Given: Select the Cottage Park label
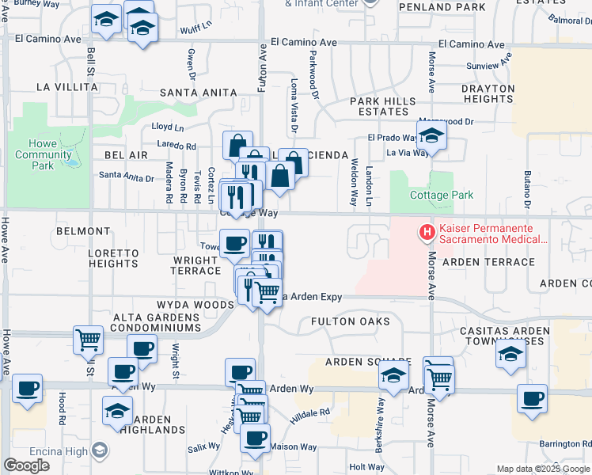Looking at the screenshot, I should click(441, 195).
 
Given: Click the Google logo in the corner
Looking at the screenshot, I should click(26, 465).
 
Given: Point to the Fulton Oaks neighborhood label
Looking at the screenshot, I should click(350, 321).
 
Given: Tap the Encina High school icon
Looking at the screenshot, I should click(100, 450).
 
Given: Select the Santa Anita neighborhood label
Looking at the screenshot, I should click(198, 93).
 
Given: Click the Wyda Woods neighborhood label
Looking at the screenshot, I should click(195, 305).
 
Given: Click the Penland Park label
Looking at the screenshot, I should click(442, 7).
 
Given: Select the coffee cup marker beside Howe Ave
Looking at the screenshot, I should click(28, 388).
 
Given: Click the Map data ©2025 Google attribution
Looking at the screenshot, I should click(543, 469).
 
